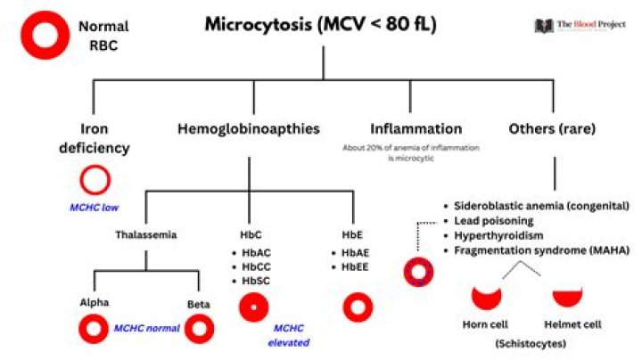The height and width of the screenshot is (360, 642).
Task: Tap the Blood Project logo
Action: tap(580, 26)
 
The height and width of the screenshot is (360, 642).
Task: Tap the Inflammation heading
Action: tap(416, 129)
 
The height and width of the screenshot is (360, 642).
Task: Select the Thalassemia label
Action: tap(144, 235)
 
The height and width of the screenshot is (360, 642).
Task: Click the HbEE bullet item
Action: tap(359, 266)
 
